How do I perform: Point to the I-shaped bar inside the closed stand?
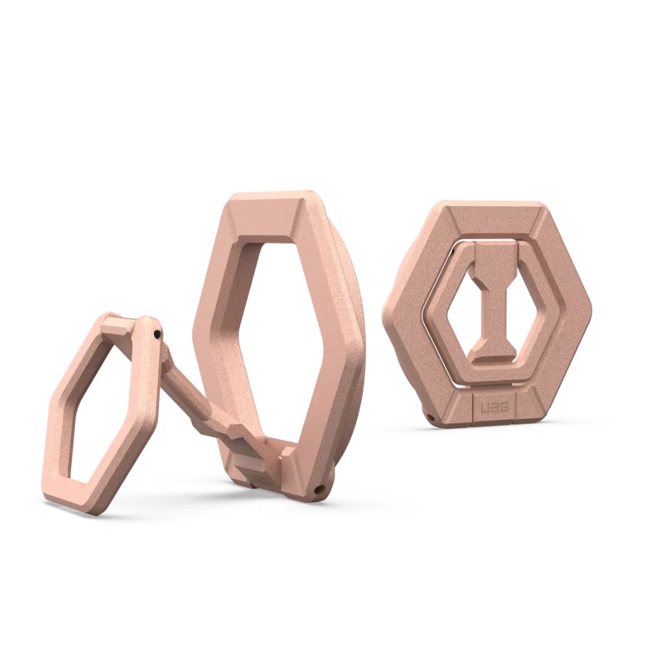pyautogui.click(x=493, y=298)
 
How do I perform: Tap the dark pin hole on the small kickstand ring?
pyautogui.click(x=157, y=334)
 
